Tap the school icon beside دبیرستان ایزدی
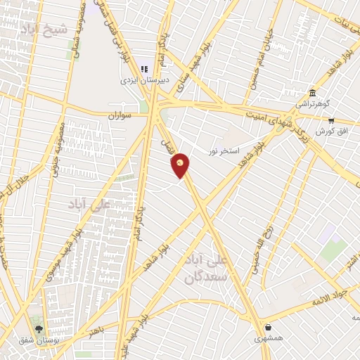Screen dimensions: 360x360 143,70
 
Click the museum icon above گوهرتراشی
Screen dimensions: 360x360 312,92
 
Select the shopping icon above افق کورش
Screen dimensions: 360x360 330,120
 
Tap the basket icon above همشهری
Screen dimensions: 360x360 269,327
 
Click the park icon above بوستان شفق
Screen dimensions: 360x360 39,328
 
